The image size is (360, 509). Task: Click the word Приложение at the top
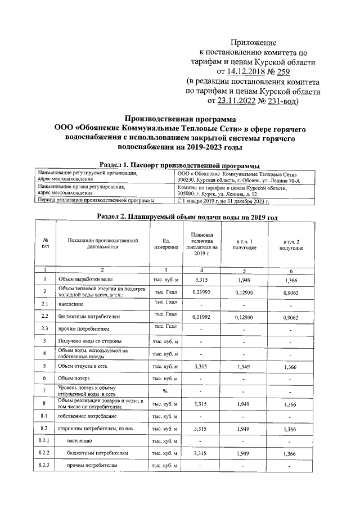tap(254, 43)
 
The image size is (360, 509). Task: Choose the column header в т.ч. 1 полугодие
tap(243, 245)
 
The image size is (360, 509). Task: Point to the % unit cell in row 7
tap(165, 391)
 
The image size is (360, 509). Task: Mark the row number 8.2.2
tap(45, 452)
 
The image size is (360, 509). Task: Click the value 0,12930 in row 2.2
tap(243, 317)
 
